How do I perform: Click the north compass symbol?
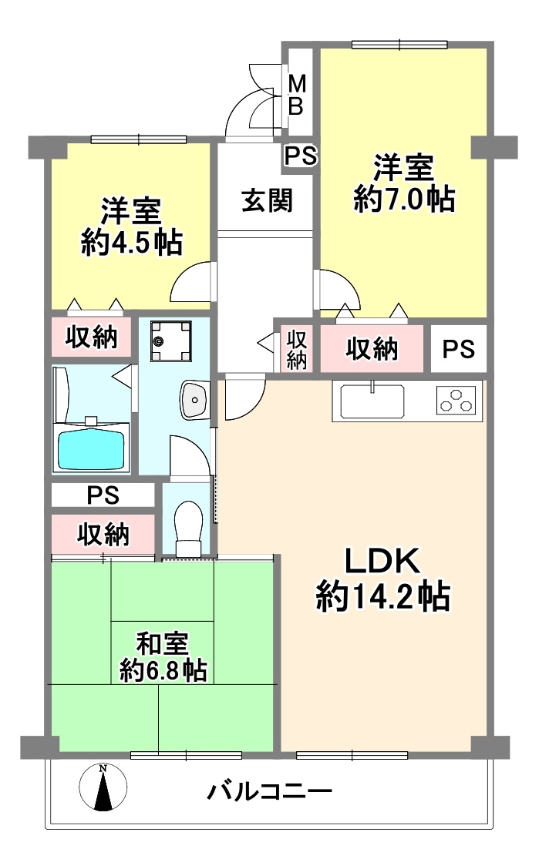coord(103,787)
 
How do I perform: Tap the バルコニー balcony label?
coord(269,792)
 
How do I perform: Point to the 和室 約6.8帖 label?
coord(163,657)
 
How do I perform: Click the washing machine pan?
coord(171,341)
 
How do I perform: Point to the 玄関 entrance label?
coord(267,200)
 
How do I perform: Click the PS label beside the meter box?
coord(300,156)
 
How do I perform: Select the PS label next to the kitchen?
coord(459,348)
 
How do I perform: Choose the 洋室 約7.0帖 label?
coord(404,183)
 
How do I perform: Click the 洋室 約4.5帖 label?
coord(132,226)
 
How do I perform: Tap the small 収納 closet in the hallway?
coord(297,348)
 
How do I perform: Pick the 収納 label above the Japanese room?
coord(103,534)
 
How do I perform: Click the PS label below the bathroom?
coord(103,495)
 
